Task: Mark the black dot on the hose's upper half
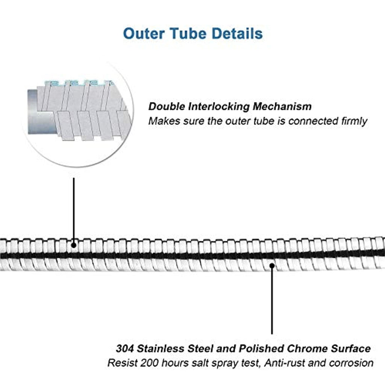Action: (74, 245)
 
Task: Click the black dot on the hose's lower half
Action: (272, 266)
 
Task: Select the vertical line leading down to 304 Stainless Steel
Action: (272, 301)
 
